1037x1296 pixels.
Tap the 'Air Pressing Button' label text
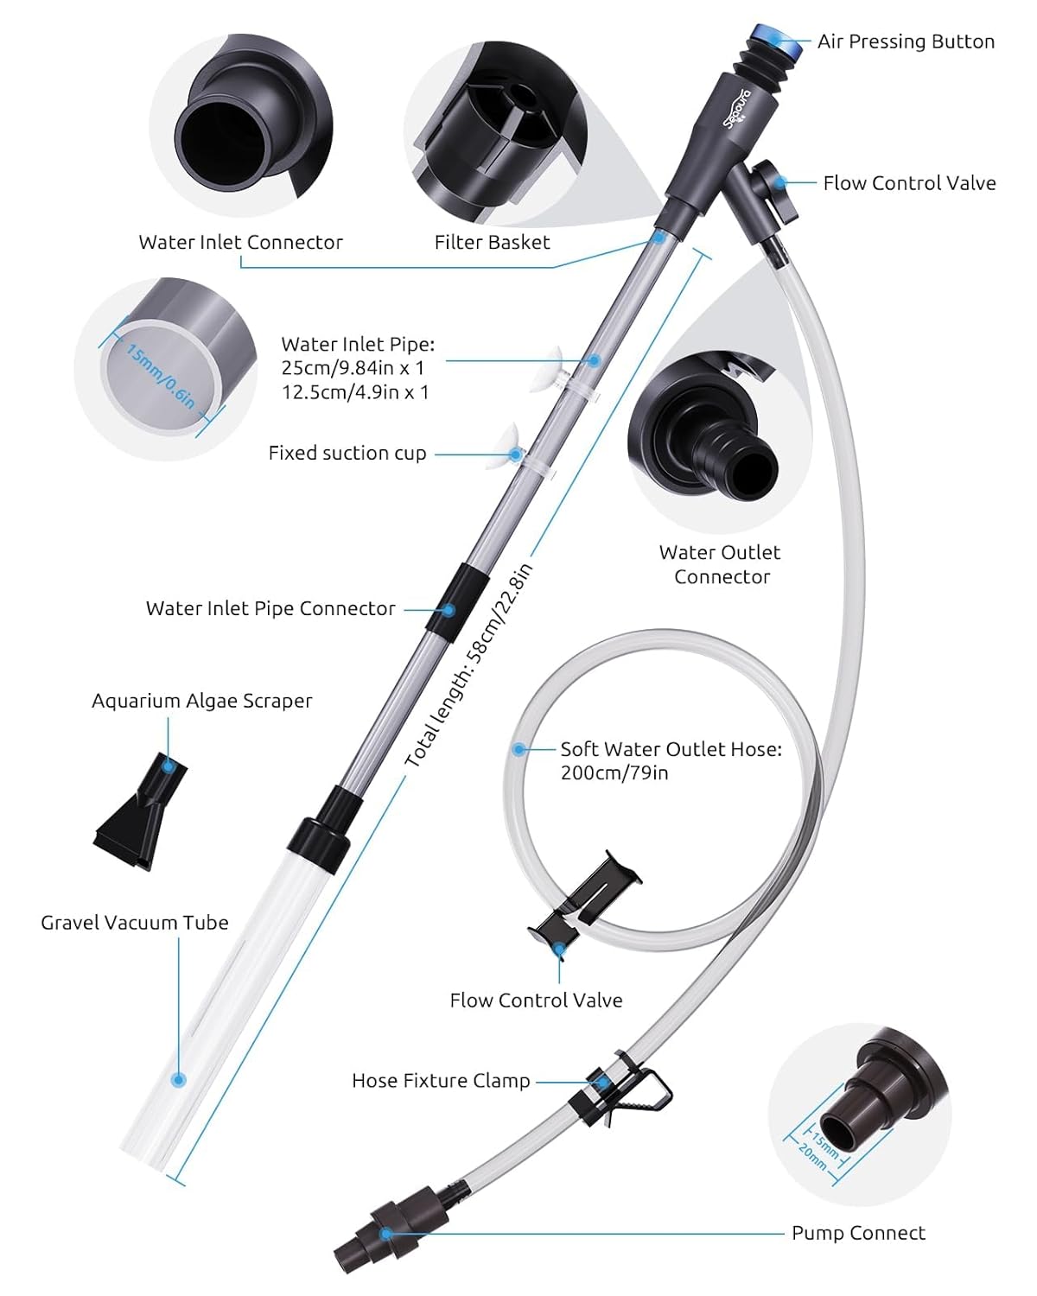coord(906,41)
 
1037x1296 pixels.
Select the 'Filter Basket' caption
coord(492,242)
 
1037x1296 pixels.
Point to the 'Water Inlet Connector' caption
coord(240,242)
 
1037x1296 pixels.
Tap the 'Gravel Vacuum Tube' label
coord(135,923)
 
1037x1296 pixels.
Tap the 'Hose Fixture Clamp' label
coord(441,1081)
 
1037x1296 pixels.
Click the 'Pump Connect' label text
coord(858,1233)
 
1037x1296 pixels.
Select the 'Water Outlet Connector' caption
coord(721,564)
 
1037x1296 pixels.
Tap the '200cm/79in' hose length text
coord(614,773)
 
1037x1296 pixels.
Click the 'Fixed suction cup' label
coord(347,453)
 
